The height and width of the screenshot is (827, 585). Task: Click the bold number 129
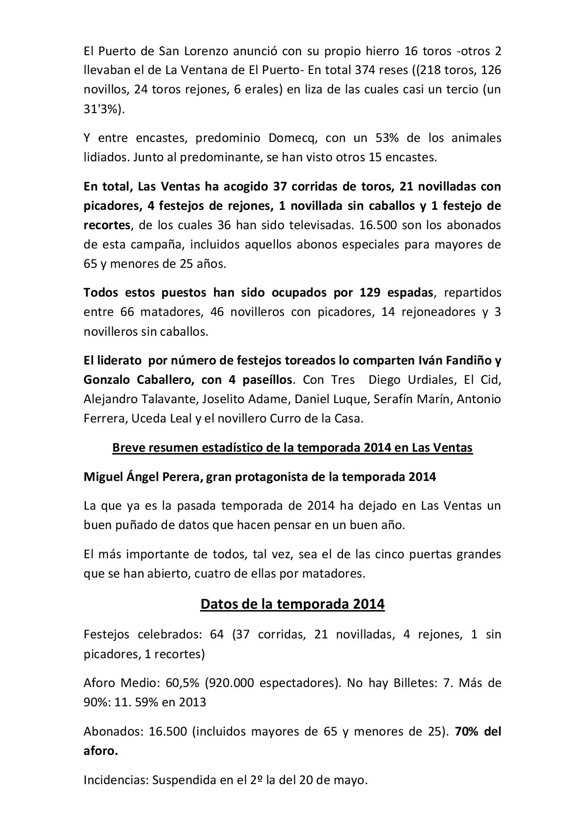tap(370, 292)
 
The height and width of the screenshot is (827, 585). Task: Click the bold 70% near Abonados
tap(467, 731)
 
